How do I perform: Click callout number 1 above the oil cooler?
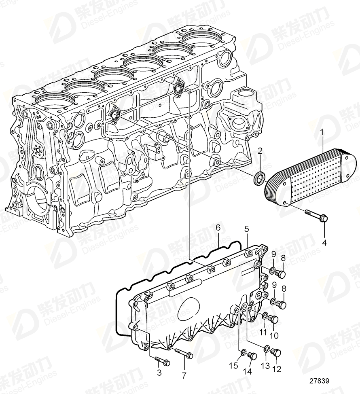click(x=322, y=132)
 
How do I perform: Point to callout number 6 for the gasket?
click(x=218, y=228)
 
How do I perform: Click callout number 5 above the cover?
click(x=246, y=229)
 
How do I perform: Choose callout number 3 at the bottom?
click(x=159, y=373)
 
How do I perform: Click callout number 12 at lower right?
click(x=277, y=369)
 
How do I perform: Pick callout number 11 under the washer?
click(x=263, y=332)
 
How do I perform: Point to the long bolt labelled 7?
click(x=184, y=354)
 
